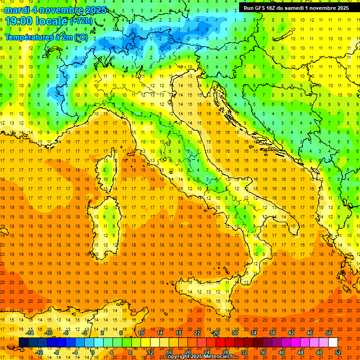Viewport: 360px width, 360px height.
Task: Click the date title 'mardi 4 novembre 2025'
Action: point(55,10)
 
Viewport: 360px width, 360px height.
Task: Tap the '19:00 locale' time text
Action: point(37,21)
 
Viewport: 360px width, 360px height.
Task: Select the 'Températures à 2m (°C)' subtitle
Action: point(46,37)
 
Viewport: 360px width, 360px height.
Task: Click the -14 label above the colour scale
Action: point(30,333)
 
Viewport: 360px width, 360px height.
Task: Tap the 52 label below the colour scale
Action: point(338,352)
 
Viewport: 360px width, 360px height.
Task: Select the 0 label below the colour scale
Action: point(93,352)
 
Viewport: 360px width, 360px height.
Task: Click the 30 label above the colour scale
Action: point(234,333)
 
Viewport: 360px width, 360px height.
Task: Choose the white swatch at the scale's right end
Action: point(333,342)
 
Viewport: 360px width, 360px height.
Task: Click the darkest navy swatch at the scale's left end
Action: point(24,342)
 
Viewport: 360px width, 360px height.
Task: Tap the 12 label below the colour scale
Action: point(150,352)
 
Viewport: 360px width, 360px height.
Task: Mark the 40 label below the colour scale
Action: point(282,352)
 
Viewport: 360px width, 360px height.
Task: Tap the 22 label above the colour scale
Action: point(197,333)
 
